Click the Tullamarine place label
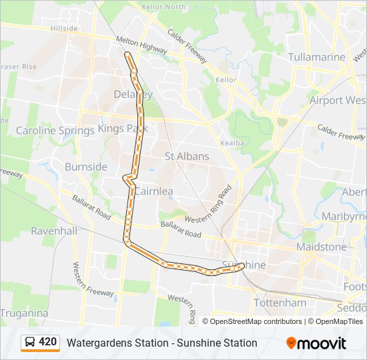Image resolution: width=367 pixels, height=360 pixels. point(317,57)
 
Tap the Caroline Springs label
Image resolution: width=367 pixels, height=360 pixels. point(55,130)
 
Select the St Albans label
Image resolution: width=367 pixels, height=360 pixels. point(187,156)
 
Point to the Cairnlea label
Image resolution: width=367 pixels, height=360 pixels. point(154,191)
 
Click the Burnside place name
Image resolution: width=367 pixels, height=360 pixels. point(86,166)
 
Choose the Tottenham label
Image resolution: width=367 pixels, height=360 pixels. point(280,303)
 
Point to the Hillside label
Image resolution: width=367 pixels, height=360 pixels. point(64,29)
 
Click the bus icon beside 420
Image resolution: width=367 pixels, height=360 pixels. point(30,342)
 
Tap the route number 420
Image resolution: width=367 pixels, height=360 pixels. point(48,342)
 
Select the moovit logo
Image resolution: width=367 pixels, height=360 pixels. point(316,343)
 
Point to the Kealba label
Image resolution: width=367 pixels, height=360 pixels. point(231,143)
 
